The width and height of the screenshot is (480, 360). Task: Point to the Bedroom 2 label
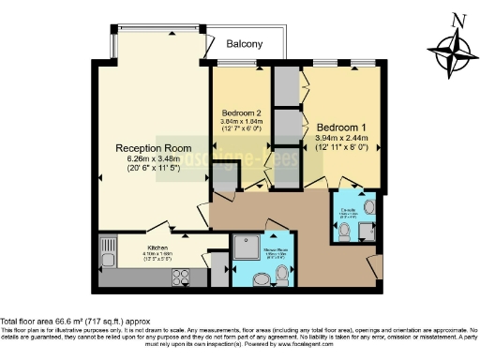(x=242, y=112)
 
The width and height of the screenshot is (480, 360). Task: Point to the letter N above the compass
(x=457, y=19)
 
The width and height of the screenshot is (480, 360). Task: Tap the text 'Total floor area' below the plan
(x=29, y=322)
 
